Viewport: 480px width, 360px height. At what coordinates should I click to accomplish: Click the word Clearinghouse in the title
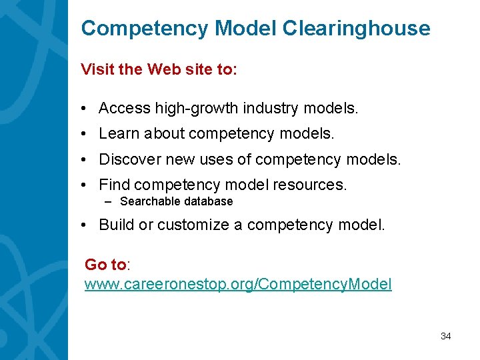pyautogui.click(x=357, y=29)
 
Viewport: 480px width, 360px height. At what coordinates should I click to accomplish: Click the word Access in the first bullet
pyautogui.click(x=125, y=108)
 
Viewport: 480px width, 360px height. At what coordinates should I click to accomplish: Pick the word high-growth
pyautogui.click(x=196, y=108)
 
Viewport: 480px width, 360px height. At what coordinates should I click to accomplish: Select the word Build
pyautogui.click(x=116, y=225)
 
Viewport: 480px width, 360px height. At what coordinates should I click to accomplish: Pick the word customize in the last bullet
pyautogui.click(x=191, y=225)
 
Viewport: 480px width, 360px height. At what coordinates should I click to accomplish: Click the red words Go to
pyautogui.click(x=105, y=265)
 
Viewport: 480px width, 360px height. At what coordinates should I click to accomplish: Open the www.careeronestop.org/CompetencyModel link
pyautogui.click(x=238, y=285)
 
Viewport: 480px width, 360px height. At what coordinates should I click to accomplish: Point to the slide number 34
pyautogui.click(x=445, y=336)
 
